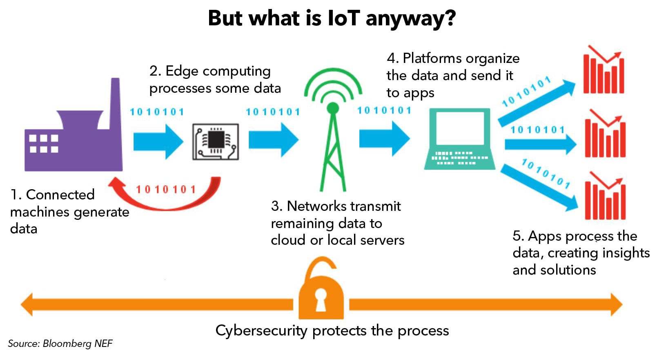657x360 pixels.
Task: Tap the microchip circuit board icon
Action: click(x=216, y=142)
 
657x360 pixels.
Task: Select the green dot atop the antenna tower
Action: click(x=333, y=108)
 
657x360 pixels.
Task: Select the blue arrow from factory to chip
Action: click(x=158, y=142)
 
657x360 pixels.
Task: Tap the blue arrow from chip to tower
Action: click(x=274, y=140)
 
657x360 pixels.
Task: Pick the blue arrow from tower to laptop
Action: click(x=385, y=139)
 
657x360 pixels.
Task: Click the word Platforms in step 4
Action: click(x=432, y=58)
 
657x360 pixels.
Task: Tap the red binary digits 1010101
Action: click(x=166, y=190)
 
